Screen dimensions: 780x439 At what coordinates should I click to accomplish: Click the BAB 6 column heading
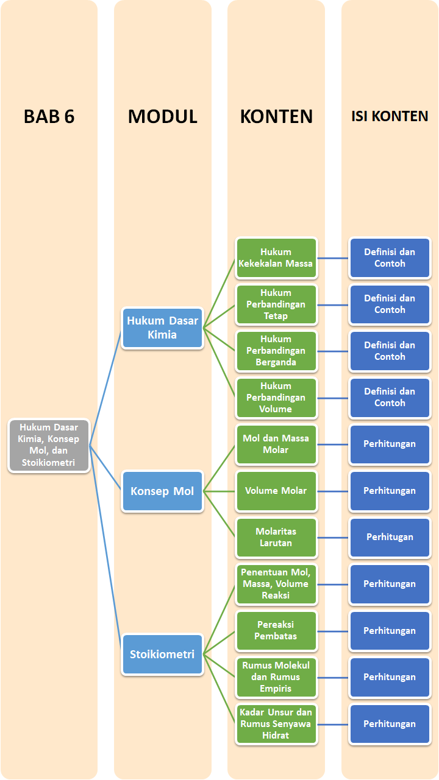[49, 116]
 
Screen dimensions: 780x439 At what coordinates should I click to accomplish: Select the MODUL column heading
[162, 116]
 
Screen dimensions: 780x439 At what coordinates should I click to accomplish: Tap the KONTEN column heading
[276, 116]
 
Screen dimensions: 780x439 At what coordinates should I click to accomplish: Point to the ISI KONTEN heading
[390, 116]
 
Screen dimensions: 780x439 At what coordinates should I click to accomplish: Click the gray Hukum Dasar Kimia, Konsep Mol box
[49, 445]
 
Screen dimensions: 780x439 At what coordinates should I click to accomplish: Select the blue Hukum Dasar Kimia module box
[162, 328]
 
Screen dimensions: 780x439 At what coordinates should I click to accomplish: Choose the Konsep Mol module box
[162, 491]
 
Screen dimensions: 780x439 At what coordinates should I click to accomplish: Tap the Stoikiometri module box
[162, 655]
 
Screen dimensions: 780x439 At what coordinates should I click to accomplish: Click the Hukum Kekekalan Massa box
[276, 258]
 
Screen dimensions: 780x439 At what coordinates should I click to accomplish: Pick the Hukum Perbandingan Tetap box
[276, 304]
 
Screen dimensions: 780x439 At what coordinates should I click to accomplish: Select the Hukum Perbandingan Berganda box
[276, 351]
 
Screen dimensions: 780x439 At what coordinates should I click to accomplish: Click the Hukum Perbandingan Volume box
[276, 398]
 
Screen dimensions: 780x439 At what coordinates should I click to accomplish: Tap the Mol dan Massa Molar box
[276, 444]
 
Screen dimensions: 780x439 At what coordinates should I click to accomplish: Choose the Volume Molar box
[276, 491]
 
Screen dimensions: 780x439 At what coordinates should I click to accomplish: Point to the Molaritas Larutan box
[276, 537]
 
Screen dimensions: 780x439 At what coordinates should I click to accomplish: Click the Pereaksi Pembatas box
[276, 630]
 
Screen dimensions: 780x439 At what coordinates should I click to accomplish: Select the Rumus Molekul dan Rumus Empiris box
[276, 677]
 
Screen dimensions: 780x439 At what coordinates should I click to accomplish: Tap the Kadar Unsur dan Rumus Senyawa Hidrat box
[276, 724]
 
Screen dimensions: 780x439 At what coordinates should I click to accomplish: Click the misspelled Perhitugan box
[390, 537]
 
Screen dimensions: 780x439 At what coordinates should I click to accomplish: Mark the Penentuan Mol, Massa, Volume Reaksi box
[276, 584]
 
